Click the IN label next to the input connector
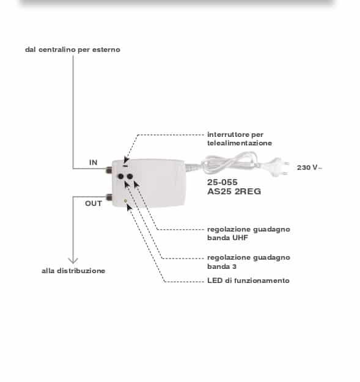94,162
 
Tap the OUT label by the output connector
94,203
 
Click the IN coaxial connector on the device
109,169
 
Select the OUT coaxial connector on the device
109,197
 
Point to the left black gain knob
121,177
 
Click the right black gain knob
130,177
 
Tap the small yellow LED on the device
125,201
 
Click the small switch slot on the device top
126,166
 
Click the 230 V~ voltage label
309,167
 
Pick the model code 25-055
222,182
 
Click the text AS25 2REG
234,191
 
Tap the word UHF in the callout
240,238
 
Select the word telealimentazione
240,143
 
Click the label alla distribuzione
73,271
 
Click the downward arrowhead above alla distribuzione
73,260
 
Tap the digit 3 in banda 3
234,266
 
